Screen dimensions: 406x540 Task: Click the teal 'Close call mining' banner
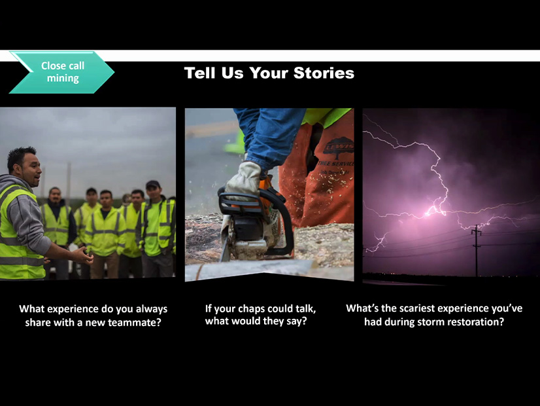[62, 72]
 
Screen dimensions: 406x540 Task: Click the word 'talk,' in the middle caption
[301, 308]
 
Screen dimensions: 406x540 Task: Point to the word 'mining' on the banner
[63, 79]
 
